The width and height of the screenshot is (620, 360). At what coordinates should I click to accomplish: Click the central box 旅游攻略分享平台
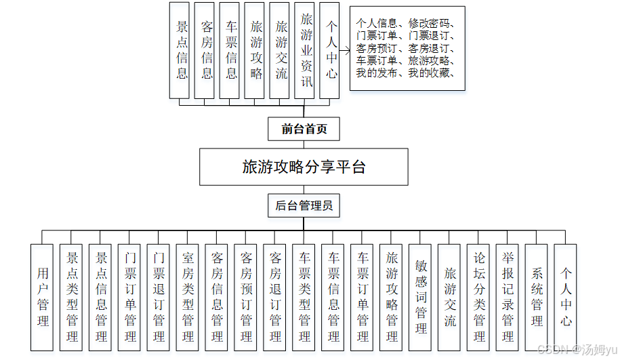(x=304, y=167)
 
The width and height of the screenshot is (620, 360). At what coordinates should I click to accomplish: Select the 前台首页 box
(x=304, y=128)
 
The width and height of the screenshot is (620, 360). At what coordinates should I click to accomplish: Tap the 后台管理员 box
(x=304, y=205)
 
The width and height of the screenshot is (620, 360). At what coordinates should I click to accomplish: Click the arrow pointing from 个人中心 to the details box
(x=344, y=50)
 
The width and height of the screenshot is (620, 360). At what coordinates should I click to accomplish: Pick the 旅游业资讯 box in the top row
(x=306, y=50)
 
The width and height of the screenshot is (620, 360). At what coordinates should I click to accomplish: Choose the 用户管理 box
(x=43, y=297)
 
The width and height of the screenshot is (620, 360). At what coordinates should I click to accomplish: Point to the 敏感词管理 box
(x=421, y=297)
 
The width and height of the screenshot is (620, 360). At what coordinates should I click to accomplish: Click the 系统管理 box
(x=537, y=297)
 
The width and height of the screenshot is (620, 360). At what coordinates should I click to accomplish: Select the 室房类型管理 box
(x=188, y=297)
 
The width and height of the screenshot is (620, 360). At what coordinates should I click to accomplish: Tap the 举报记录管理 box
(x=508, y=297)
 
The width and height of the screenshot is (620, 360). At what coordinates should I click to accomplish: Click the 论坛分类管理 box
(x=479, y=297)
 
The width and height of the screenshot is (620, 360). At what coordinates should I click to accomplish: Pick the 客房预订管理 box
(x=246, y=297)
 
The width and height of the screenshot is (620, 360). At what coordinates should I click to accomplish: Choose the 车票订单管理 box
(x=363, y=297)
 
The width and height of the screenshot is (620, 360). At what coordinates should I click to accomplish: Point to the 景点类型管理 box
(x=72, y=297)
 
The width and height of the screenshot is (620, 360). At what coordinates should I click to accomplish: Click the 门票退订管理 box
(x=159, y=297)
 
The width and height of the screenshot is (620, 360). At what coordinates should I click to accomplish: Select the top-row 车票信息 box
(x=232, y=50)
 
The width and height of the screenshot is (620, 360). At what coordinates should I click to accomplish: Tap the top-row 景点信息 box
(x=182, y=50)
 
